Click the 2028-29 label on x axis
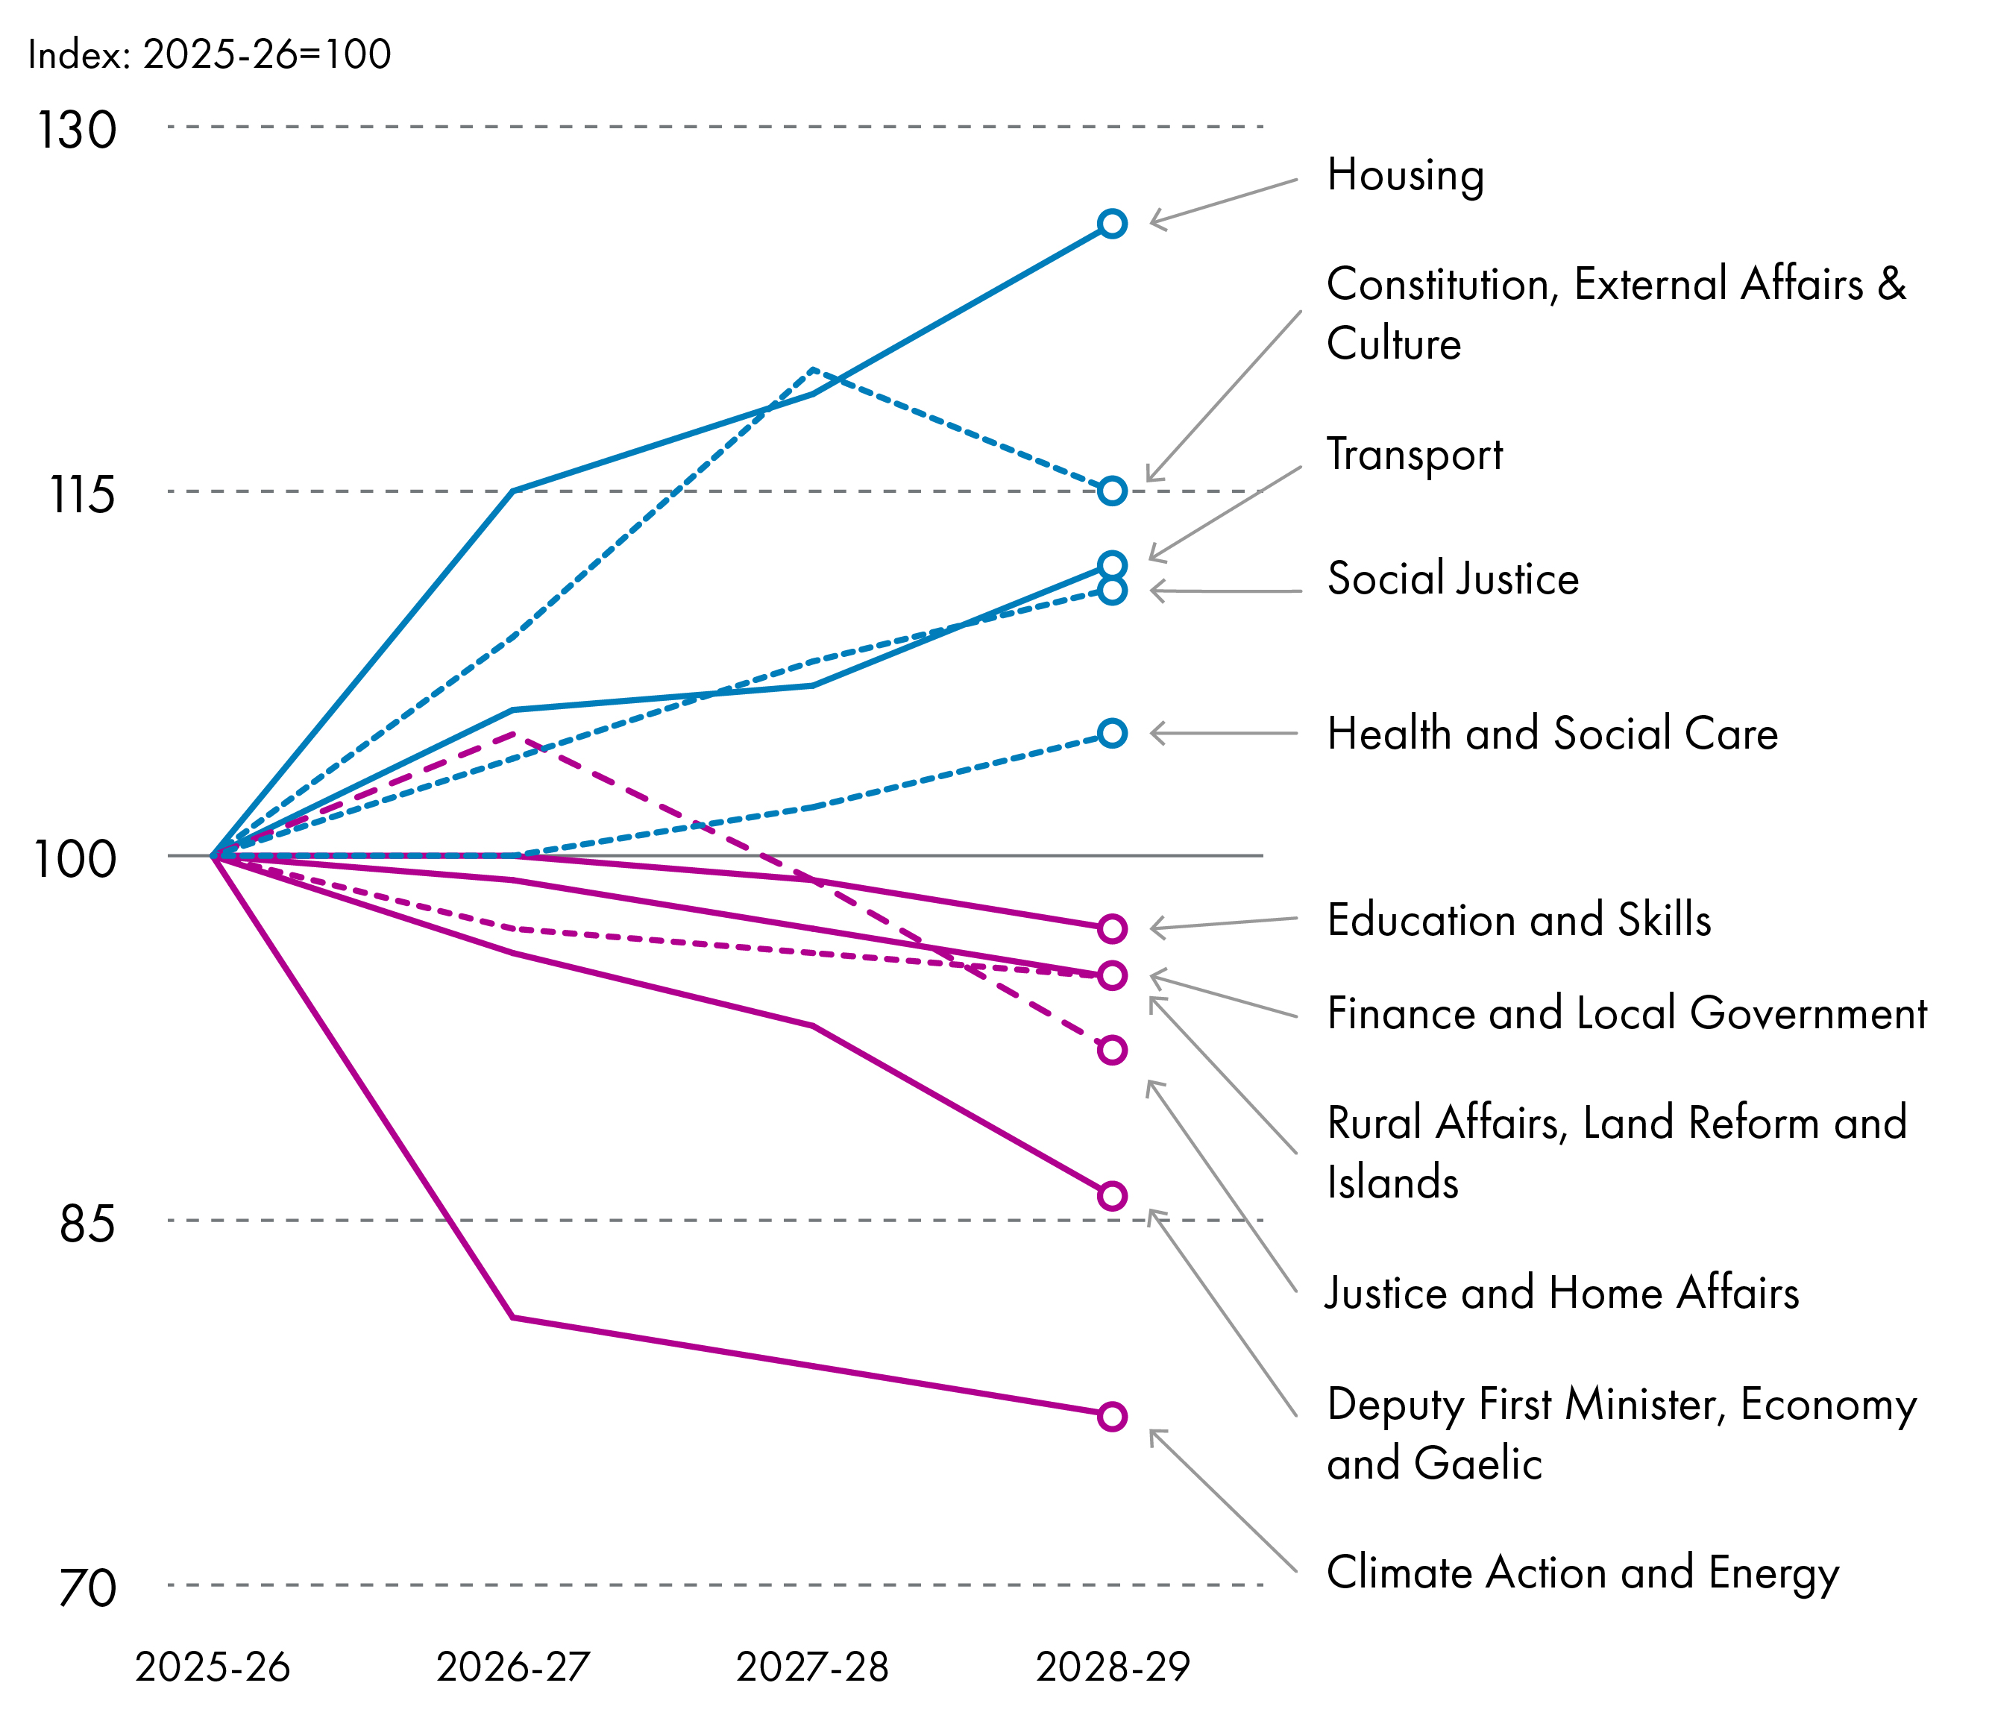click(1113, 1667)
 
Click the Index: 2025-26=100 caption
click(210, 54)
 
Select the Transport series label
click(1414, 455)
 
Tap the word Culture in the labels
click(1393, 344)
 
